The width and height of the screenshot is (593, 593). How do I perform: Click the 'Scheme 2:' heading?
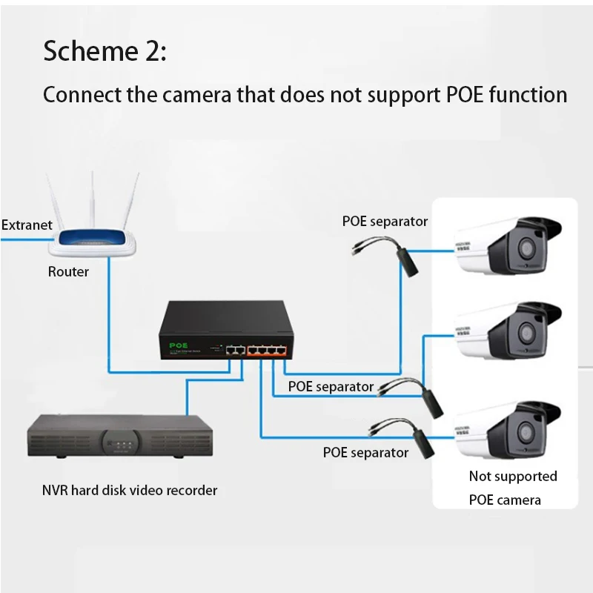coord(105,52)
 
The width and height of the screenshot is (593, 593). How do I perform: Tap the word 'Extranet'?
coord(27,225)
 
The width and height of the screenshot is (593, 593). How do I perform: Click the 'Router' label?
coord(68,272)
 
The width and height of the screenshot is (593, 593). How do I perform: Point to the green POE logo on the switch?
coord(178,345)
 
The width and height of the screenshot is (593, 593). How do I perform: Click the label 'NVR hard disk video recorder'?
coord(130,490)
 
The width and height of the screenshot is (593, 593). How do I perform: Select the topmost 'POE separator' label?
coord(385,221)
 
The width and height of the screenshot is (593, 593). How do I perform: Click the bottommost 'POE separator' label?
coord(365,452)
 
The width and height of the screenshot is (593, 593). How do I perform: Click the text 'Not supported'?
coord(512,476)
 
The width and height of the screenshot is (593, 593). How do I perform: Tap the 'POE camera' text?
coord(505,500)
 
